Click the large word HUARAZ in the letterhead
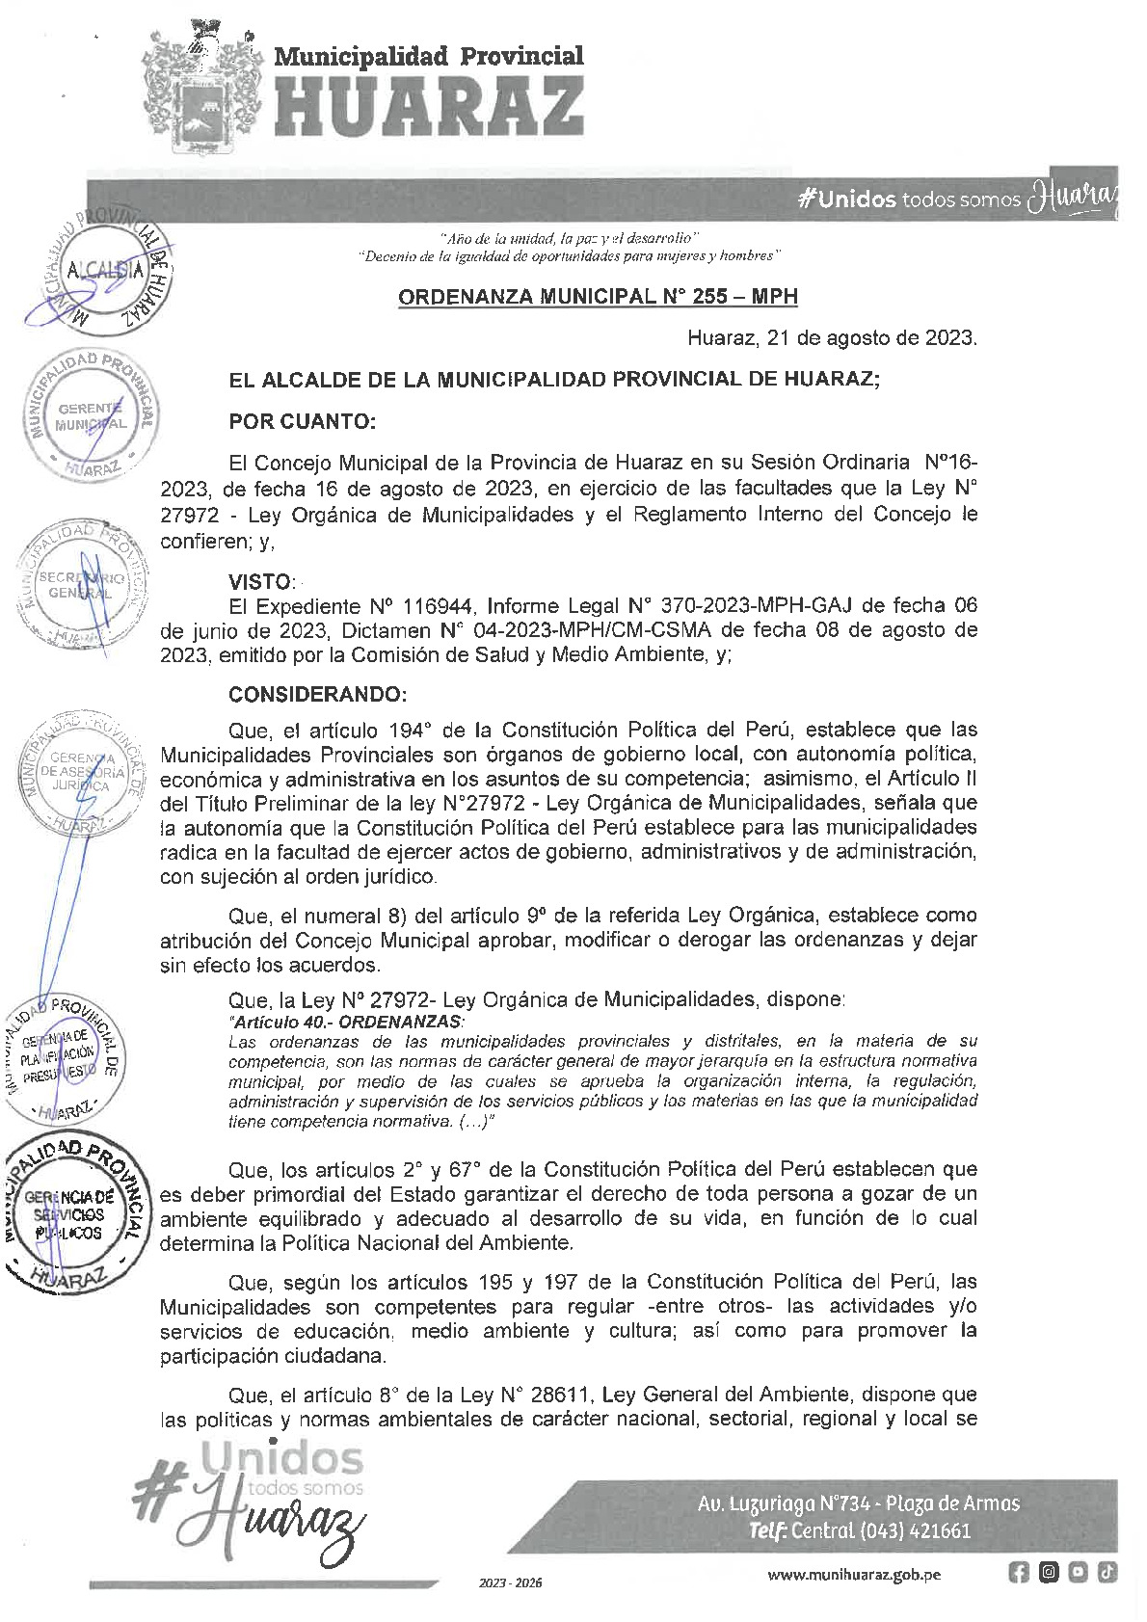tap(430, 105)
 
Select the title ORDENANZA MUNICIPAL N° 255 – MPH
tap(598, 297)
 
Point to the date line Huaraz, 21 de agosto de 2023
tap(832, 338)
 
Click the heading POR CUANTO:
tap(302, 421)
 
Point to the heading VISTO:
tap(261, 581)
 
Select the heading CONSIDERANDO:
tap(318, 694)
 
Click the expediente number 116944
tap(437, 606)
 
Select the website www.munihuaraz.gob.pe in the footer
tap(854, 1575)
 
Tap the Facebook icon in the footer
tap(1018, 1573)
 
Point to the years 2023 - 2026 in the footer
tap(511, 1582)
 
